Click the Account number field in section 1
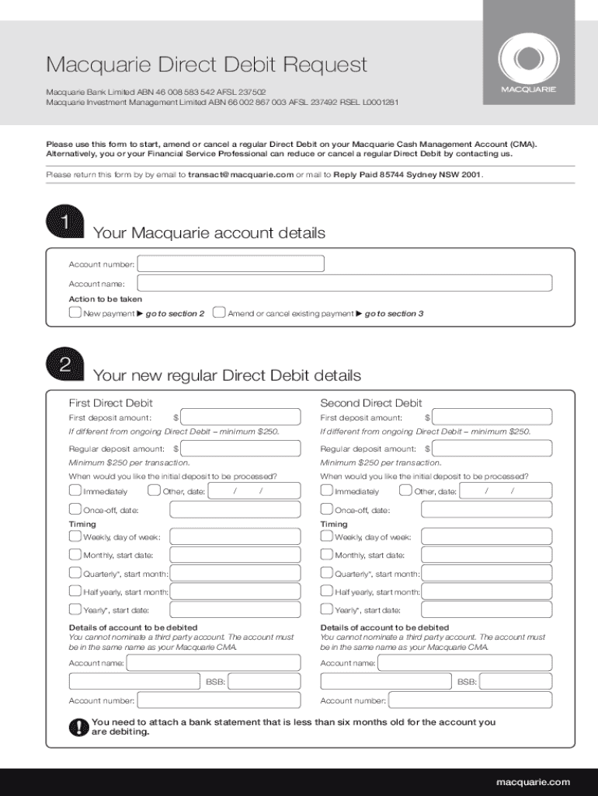click(x=231, y=264)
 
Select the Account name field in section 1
click(x=345, y=284)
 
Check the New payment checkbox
click(x=75, y=313)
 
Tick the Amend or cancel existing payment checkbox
click(x=219, y=313)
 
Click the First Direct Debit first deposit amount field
click(x=240, y=417)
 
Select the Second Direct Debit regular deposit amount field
click(x=492, y=449)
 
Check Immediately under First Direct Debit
click(x=75, y=491)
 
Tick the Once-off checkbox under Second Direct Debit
click(x=326, y=510)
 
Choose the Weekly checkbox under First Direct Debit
click(x=75, y=536)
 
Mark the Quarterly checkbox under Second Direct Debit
click(x=326, y=574)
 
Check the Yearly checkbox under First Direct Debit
click(x=75, y=609)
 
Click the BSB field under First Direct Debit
click(x=264, y=682)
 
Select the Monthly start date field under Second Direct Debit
click(x=486, y=555)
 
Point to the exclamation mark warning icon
click(x=78, y=727)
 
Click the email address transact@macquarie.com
click(x=241, y=175)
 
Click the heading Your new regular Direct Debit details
click(x=227, y=375)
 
